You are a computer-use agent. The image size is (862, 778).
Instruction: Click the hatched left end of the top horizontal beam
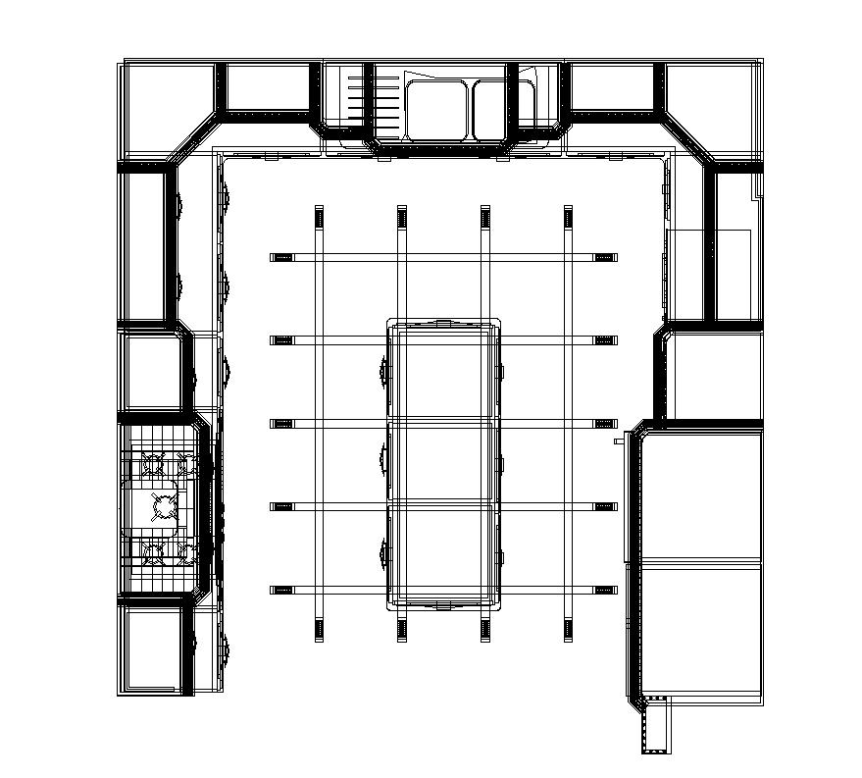point(282,257)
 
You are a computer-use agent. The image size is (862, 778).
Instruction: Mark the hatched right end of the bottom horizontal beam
point(605,590)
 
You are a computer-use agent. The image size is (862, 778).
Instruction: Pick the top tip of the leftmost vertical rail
point(318,210)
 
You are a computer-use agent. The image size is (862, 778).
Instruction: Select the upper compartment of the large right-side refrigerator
point(699,495)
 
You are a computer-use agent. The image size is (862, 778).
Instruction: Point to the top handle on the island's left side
point(382,371)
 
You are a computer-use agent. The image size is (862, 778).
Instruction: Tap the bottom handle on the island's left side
point(382,551)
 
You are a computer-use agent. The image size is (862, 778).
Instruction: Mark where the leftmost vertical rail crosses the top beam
point(318,257)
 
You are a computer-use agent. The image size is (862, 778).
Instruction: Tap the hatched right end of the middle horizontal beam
point(605,423)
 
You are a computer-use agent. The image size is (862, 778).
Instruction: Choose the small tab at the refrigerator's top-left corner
point(620,441)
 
